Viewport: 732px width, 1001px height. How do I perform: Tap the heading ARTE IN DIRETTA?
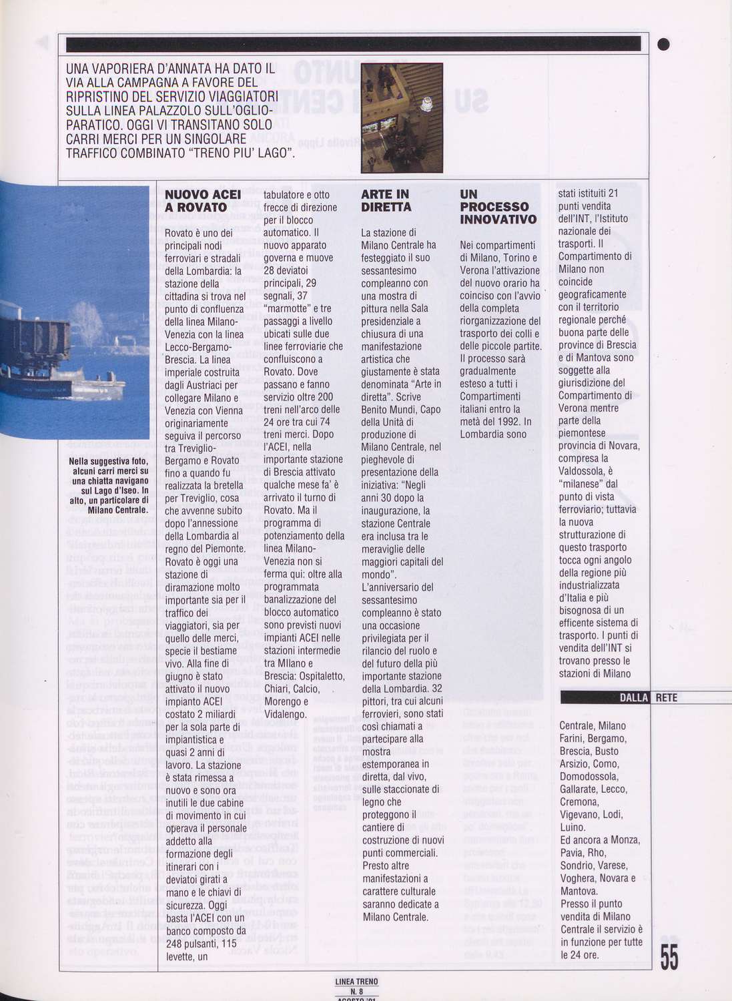click(x=386, y=201)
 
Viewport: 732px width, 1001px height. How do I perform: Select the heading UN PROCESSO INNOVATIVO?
click(x=498, y=207)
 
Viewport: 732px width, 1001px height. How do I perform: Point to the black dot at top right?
click(x=663, y=45)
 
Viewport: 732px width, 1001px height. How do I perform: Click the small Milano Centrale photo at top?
click(x=402, y=117)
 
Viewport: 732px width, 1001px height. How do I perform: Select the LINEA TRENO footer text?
click(x=356, y=982)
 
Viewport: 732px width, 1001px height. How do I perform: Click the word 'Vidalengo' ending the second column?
click(x=285, y=714)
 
